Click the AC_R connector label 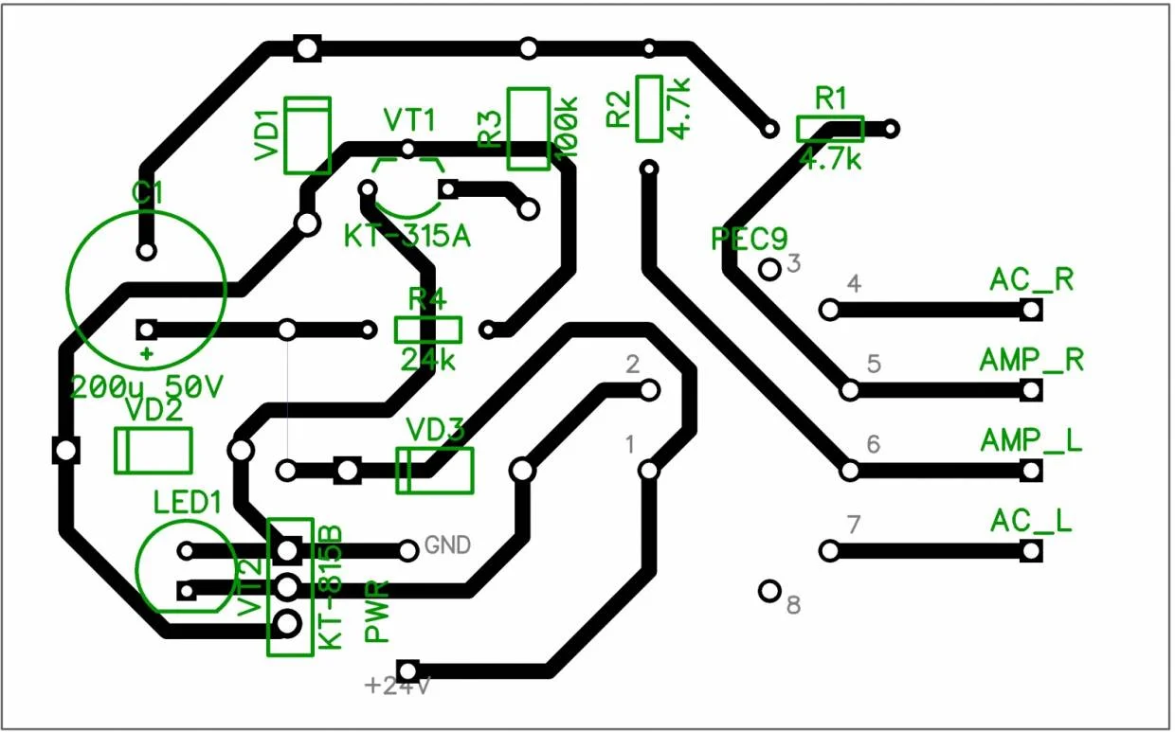[1031, 280]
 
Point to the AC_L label [1031, 521]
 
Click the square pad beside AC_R [1031, 310]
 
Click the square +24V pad [408, 670]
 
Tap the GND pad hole [408, 549]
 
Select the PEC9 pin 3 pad [770, 269]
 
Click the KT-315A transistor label [407, 236]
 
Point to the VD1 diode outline [308, 135]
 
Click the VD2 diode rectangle [153, 450]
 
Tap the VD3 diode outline [434, 471]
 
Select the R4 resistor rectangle [427, 330]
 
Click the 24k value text [427, 360]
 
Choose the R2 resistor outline [649, 108]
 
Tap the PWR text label [377, 612]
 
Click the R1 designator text [831, 98]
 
